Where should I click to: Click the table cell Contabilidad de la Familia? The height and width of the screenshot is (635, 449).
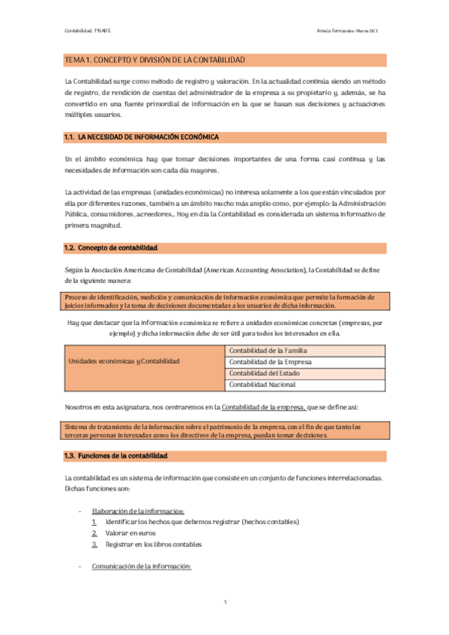click(x=268, y=350)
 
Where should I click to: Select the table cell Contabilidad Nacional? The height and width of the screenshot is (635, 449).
click(x=262, y=385)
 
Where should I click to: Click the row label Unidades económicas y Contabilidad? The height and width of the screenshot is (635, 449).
click(x=124, y=361)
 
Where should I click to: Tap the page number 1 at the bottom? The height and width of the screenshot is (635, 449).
click(x=225, y=602)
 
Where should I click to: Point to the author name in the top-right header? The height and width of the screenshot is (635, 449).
click(x=352, y=30)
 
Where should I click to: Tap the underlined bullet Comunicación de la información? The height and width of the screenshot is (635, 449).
click(x=142, y=566)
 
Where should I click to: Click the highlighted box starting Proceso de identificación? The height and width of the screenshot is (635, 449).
click(x=225, y=300)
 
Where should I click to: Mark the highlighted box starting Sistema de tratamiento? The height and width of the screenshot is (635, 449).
click(x=225, y=431)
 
